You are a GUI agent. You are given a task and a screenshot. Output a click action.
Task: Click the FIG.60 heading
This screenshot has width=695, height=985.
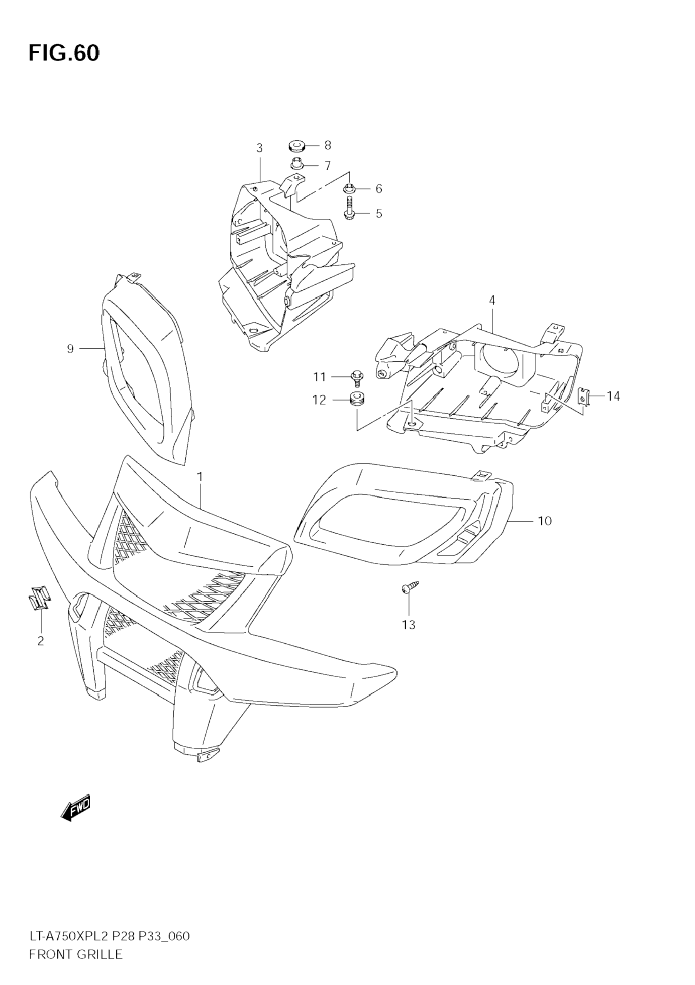(x=64, y=54)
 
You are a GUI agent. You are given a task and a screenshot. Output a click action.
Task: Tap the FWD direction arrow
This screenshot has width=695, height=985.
(x=76, y=807)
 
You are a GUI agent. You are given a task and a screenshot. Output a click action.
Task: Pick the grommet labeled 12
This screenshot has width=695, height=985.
(x=355, y=399)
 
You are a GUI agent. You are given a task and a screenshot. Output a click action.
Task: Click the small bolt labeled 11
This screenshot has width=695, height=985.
(x=356, y=377)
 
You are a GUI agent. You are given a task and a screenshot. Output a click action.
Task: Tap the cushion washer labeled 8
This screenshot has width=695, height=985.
(x=295, y=146)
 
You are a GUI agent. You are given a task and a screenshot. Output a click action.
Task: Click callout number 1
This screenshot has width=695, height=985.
(x=200, y=477)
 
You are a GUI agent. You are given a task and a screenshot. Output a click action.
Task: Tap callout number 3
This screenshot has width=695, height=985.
(x=259, y=148)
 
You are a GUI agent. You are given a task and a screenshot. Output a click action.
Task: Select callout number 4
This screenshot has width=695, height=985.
(x=492, y=300)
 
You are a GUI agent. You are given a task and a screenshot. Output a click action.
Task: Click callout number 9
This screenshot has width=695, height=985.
(x=71, y=349)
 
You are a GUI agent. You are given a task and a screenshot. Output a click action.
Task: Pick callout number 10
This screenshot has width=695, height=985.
(x=544, y=521)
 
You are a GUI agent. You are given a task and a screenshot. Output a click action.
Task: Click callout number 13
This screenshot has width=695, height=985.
(x=408, y=625)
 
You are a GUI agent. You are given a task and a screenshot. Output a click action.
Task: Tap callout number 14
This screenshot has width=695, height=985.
(x=613, y=396)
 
